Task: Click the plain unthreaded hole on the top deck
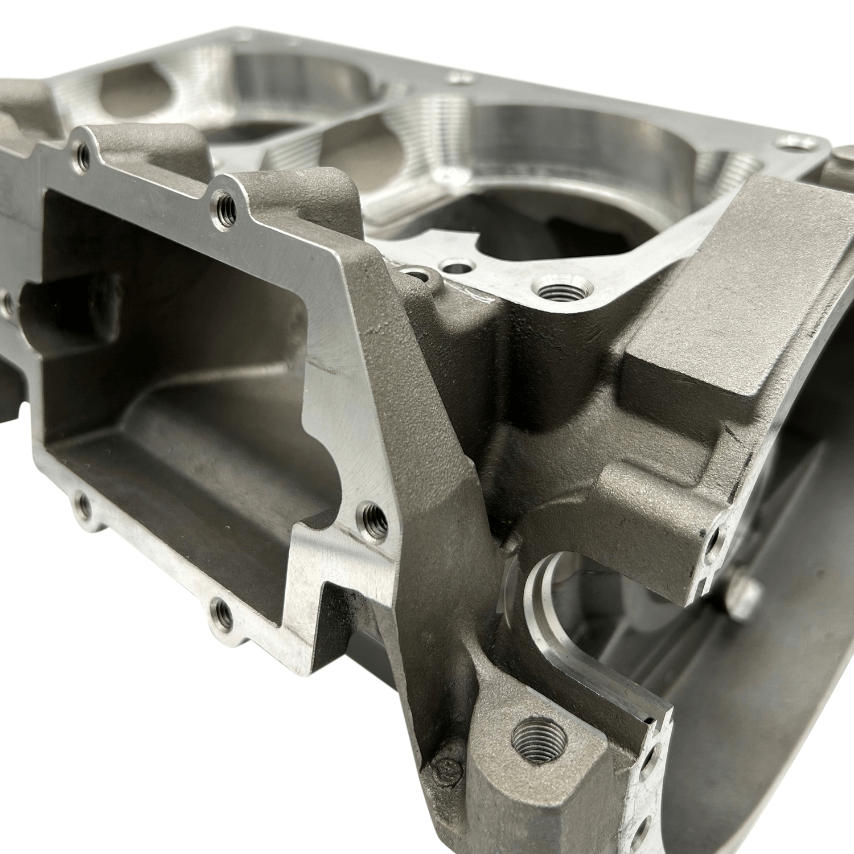(x=456, y=266)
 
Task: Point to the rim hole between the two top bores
(x=459, y=79)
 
